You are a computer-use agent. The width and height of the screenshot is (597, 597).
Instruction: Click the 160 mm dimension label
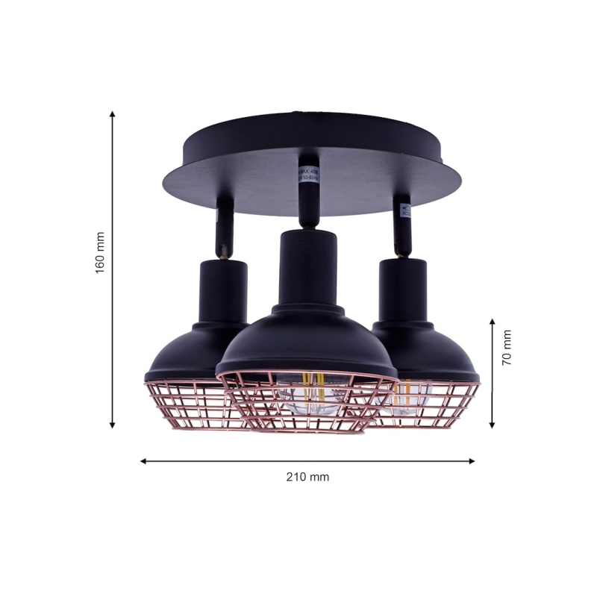[100, 253]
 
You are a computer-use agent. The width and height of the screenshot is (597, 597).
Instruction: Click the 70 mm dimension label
[507, 347]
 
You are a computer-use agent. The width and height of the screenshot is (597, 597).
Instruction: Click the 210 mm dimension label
[307, 477]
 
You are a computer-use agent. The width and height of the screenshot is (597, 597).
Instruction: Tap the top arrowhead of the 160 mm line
[113, 115]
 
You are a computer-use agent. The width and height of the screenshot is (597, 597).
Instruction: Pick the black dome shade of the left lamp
[187, 351]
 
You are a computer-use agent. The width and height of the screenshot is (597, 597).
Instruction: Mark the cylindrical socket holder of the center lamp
[306, 265]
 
